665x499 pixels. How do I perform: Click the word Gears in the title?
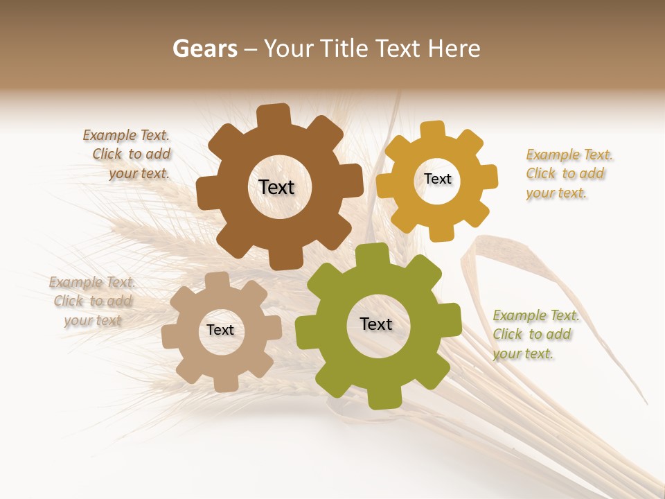tap(204, 49)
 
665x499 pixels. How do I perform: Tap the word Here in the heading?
tap(454, 49)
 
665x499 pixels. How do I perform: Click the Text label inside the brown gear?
tap(276, 187)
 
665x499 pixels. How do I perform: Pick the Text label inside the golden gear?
tap(437, 179)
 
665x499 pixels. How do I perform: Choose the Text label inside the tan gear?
tap(220, 330)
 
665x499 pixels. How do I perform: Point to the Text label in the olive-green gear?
tap(376, 324)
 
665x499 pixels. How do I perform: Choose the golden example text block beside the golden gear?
tap(568, 174)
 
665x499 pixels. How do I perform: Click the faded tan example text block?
tap(92, 301)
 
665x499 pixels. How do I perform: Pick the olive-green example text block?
tap(535, 335)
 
